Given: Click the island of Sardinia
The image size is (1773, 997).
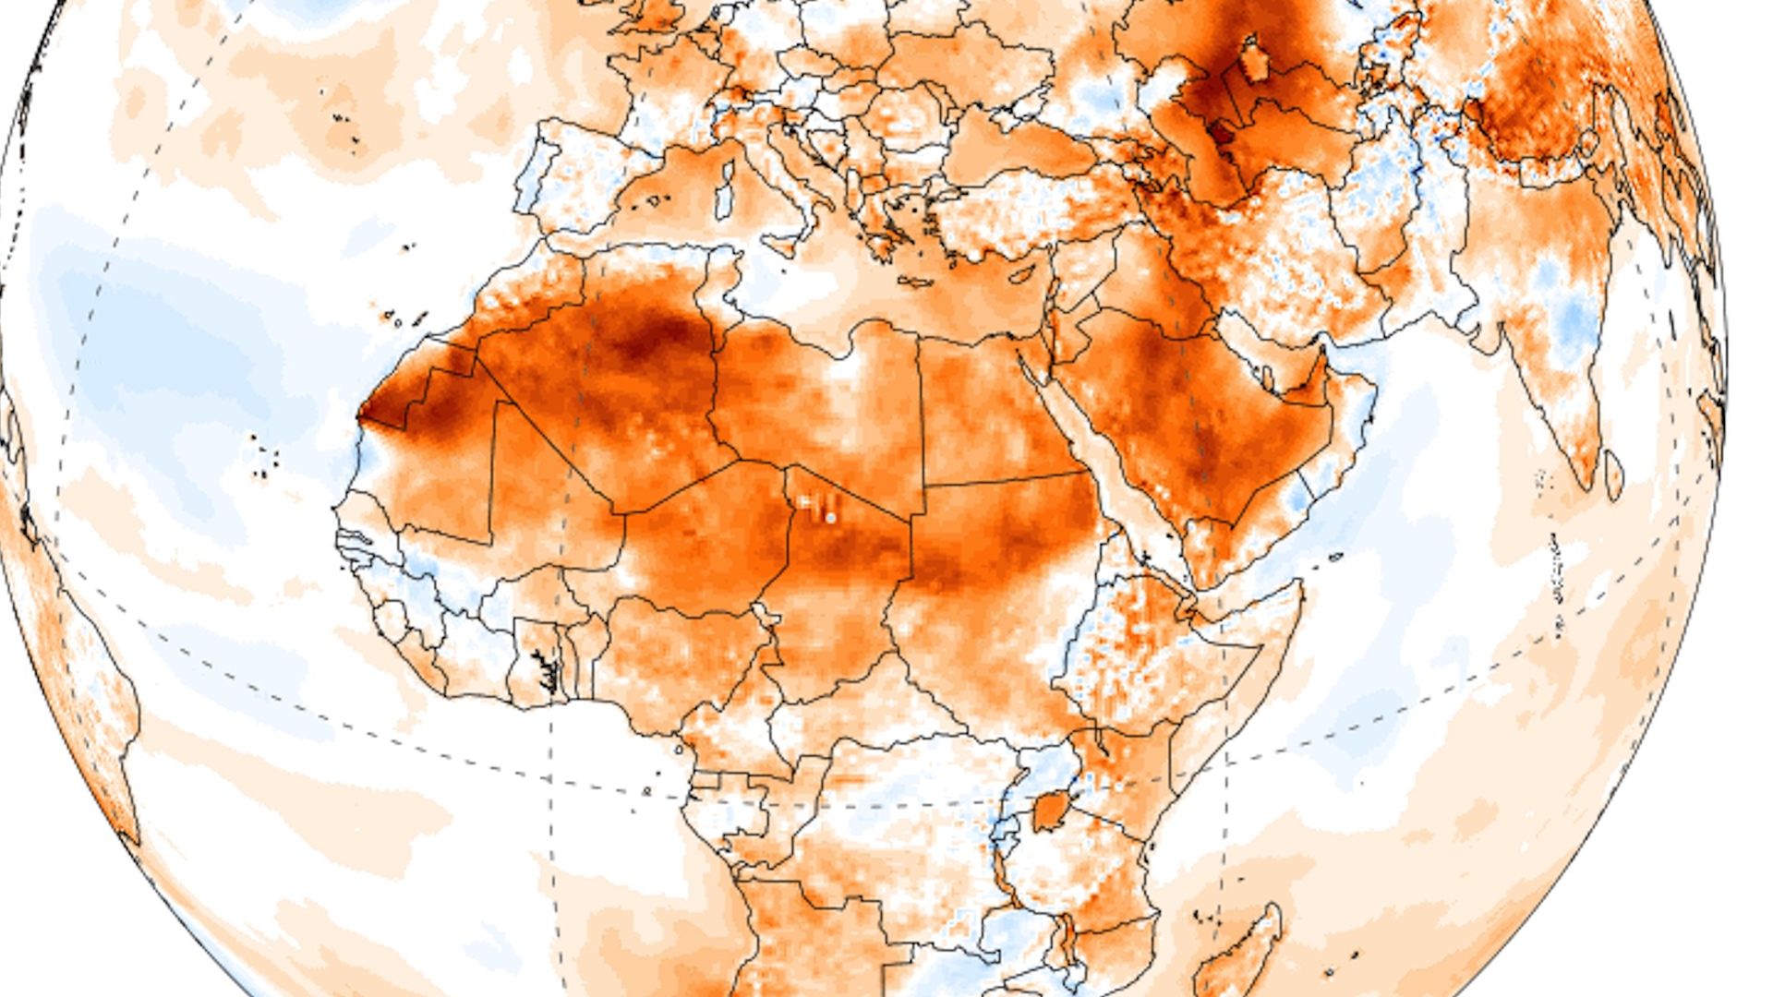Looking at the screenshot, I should click(x=726, y=196).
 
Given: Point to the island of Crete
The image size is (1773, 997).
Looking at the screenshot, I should click(x=913, y=282).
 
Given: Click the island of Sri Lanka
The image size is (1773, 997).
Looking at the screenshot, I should click(x=1613, y=475).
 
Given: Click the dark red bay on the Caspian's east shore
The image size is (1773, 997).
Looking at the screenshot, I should click(x=1221, y=135).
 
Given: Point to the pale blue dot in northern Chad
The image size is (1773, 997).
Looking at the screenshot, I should click(x=831, y=518).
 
